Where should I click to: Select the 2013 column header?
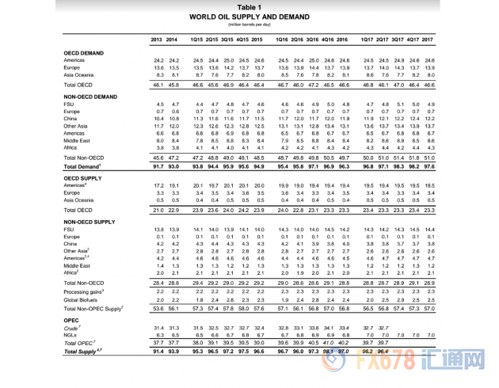[157, 39]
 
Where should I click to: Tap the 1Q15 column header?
[198, 39]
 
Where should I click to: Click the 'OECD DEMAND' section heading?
[85, 52]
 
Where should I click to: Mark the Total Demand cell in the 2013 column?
[157, 167]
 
